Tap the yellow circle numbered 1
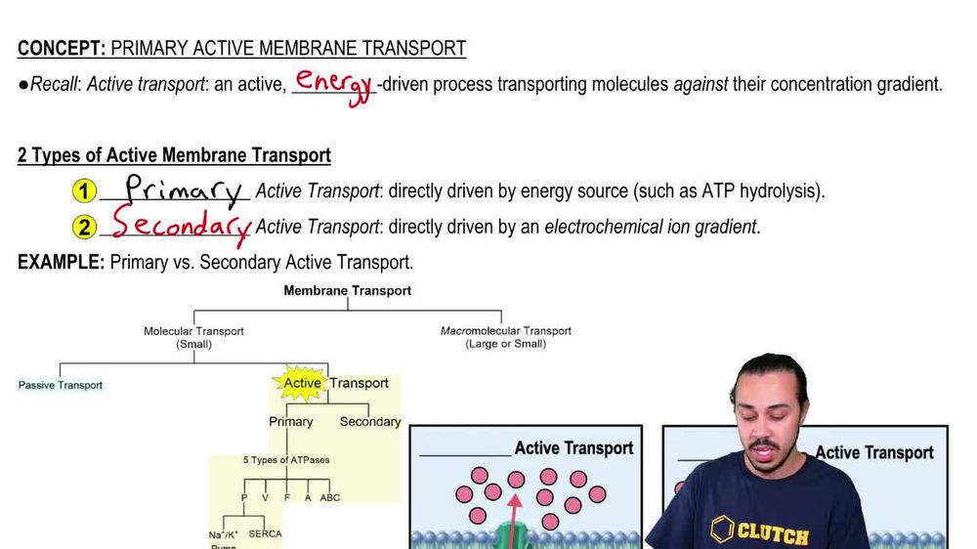86,191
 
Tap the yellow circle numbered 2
86,228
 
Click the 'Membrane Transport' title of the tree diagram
347,290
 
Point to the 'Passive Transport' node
61,385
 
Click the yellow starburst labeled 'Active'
302,383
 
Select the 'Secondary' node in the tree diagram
369,422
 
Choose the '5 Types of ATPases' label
286,459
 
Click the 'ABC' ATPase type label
330,497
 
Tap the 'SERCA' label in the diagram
266,534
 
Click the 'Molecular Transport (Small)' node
193,337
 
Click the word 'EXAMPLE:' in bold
61,262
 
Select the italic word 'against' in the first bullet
701,84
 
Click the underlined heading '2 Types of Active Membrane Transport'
174,155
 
